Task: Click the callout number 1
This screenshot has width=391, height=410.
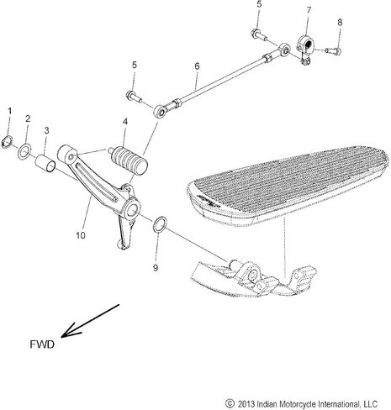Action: [x=10, y=111]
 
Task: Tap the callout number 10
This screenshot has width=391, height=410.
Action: [x=81, y=235]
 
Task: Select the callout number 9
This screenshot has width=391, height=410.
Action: [x=156, y=268]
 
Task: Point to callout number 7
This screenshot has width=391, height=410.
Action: [x=309, y=10]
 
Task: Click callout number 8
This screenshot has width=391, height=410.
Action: [x=340, y=22]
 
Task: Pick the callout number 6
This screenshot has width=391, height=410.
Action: [x=197, y=66]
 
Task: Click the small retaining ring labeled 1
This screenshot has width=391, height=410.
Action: [x=7, y=141]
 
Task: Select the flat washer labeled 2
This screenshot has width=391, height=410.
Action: [x=24, y=150]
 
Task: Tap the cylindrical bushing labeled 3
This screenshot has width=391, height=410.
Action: [x=46, y=163]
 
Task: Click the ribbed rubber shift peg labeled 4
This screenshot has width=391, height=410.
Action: [x=129, y=160]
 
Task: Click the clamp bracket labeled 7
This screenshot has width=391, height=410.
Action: [x=306, y=49]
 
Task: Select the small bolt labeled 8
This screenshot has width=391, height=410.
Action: [x=333, y=51]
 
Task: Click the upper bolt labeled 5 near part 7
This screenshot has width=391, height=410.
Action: [x=259, y=34]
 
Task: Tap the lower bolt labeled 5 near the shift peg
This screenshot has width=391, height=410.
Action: [x=135, y=97]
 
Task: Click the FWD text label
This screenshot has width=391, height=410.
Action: [x=42, y=344]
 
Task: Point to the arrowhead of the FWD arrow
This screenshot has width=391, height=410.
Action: [x=62, y=336]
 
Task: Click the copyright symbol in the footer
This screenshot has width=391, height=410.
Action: [x=230, y=403]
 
